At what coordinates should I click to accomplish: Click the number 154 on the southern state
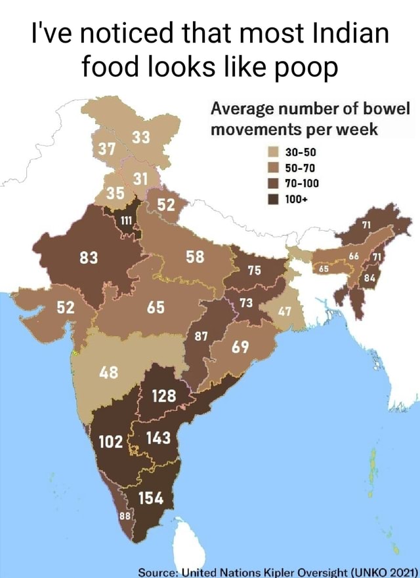(151, 499)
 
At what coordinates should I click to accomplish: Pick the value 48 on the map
(107, 374)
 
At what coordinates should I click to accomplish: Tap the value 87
(201, 336)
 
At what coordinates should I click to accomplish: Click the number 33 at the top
(140, 136)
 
